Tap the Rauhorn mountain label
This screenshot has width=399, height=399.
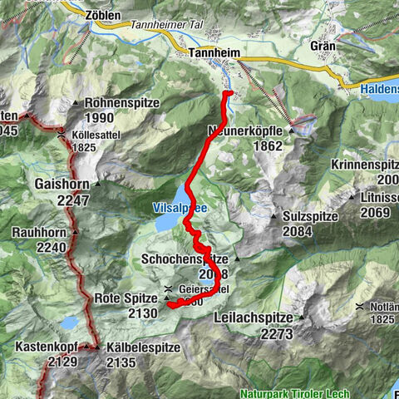tap(38, 232)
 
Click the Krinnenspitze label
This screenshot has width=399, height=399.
tap(366, 164)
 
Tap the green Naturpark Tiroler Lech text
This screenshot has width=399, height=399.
tap(294, 393)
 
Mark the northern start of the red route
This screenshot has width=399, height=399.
tap(225, 94)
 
